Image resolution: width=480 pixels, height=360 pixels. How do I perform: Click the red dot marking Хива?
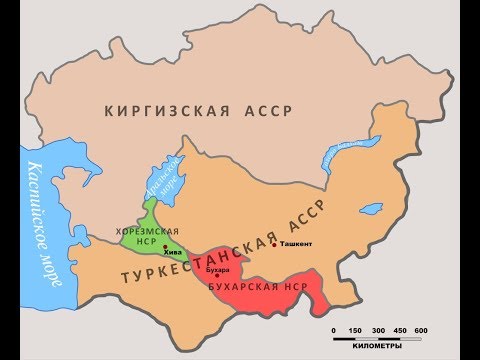[x=164, y=247]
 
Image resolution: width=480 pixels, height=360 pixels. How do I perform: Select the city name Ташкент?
[x=296, y=244]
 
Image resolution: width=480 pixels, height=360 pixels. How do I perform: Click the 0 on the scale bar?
[x=334, y=330]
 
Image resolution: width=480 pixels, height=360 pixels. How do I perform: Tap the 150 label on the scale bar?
[x=355, y=330]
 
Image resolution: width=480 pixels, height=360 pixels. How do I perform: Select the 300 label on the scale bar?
[x=377, y=330]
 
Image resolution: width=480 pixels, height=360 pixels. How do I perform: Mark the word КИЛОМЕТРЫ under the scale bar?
[x=377, y=348]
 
